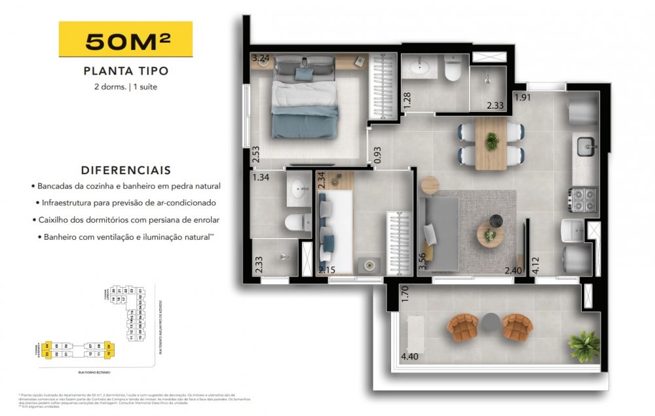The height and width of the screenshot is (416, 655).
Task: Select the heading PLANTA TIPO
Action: point(126,71)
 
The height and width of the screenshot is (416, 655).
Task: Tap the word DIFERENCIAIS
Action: point(126,170)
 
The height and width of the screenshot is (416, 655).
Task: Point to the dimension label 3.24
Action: point(261,58)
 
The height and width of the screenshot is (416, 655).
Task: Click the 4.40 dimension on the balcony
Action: point(409,358)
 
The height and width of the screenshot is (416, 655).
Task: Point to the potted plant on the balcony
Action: point(583,345)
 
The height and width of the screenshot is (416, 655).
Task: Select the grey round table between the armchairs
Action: point(491,322)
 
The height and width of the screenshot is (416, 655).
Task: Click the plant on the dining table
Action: point(491,140)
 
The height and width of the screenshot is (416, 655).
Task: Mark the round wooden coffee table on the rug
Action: point(490,234)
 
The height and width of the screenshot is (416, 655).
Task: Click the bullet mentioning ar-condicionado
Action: point(127,203)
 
